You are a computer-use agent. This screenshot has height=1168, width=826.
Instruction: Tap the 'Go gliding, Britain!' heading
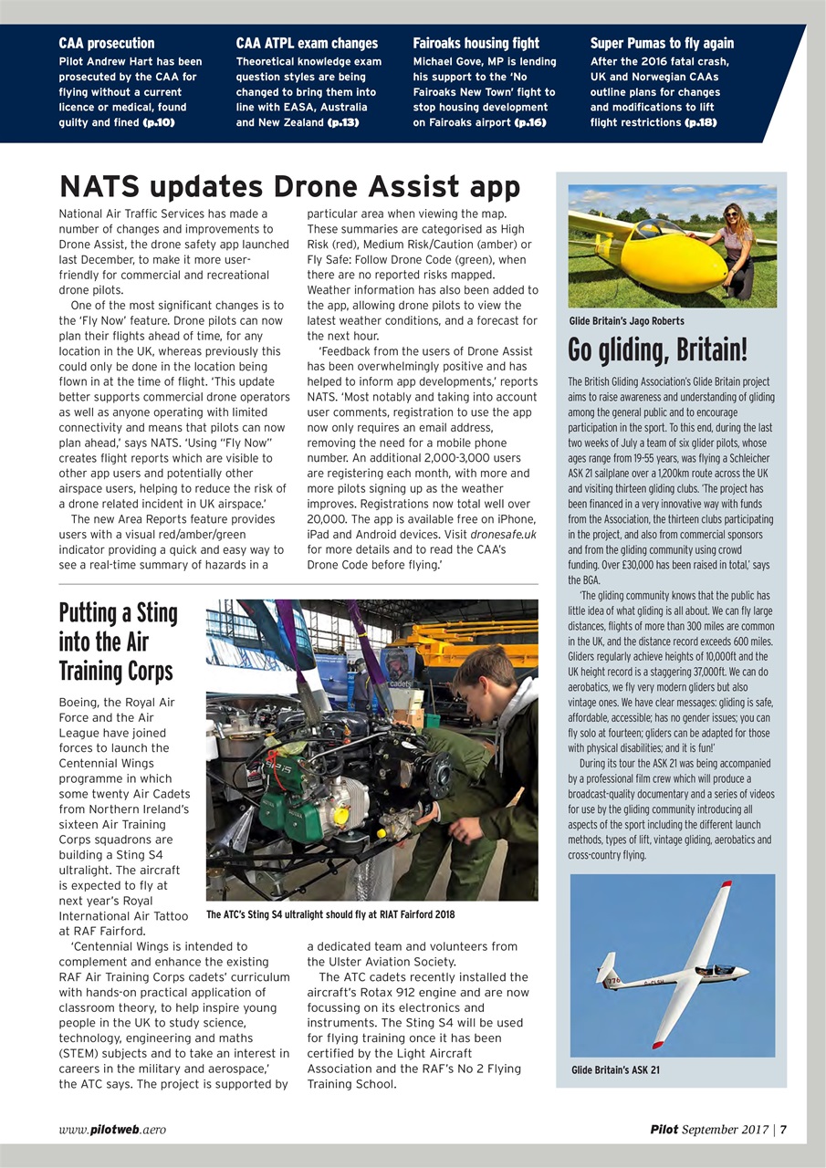[x=657, y=349]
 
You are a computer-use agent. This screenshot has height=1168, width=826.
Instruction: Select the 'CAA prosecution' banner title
[x=107, y=43]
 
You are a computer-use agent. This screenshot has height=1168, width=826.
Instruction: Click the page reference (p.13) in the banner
[x=343, y=122]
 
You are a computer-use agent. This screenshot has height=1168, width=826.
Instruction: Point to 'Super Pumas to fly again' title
[x=662, y=43]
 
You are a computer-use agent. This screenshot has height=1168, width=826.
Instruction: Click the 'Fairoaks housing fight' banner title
[x=476, y=43]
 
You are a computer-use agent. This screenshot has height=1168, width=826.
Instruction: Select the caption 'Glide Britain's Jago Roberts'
[x=626, y=321]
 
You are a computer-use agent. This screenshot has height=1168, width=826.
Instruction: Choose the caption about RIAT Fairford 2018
[x=330, y=914]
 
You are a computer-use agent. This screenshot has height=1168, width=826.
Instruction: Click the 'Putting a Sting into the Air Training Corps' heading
[x=118, y=641]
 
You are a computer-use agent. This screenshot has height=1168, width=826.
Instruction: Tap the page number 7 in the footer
[x=783, y=1130]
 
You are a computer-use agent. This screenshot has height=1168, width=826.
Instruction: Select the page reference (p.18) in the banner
[x=700, y=122]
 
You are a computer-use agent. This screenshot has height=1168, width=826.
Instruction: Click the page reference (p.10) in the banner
[x=158, y=122]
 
